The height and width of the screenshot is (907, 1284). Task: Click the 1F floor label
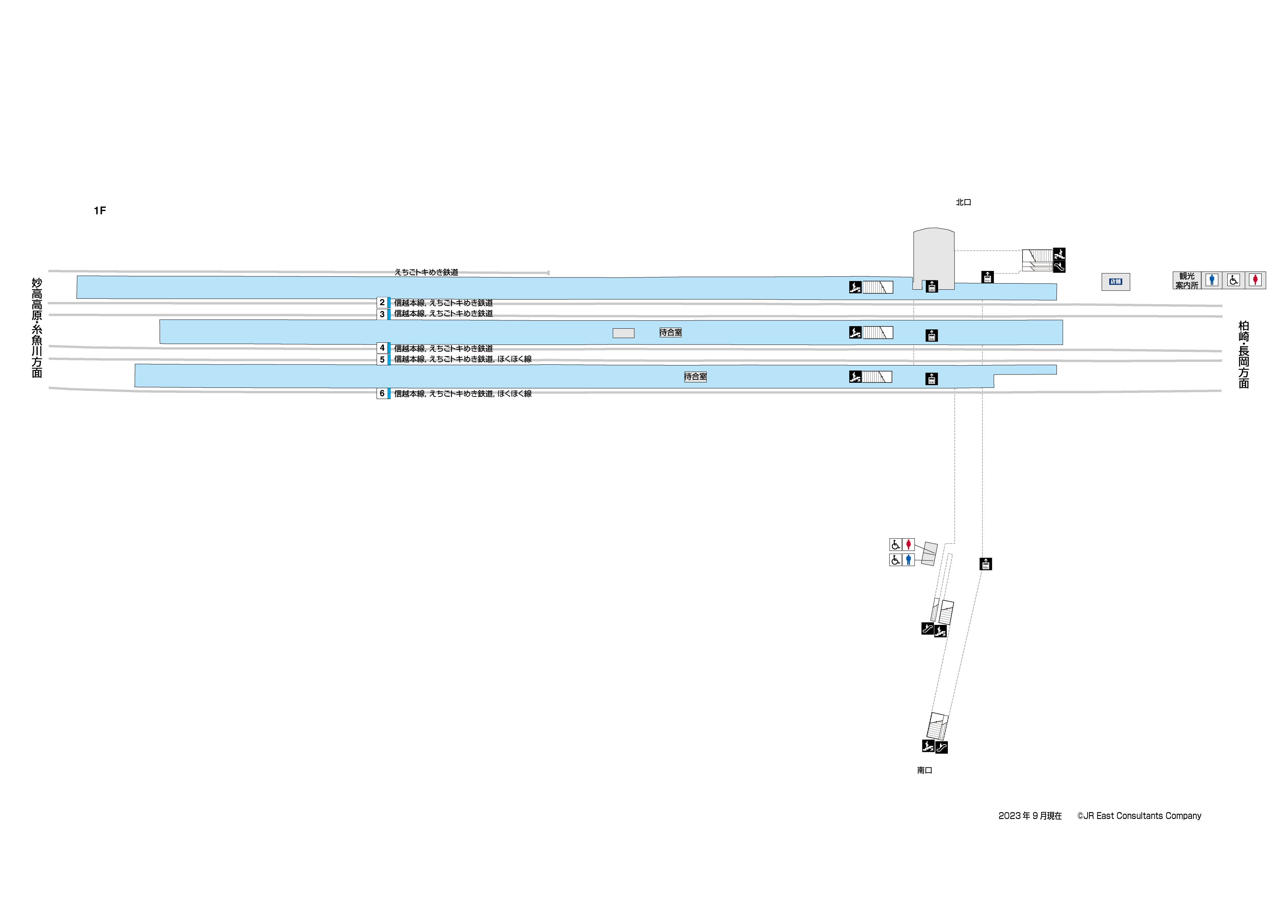pos(100,211)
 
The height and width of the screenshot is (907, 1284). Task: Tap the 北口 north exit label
pos(963,202)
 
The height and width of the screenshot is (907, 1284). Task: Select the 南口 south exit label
pos(924,770)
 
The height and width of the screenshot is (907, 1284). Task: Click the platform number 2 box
pos(382,302)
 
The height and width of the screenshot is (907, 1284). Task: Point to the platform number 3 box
pos(382,314)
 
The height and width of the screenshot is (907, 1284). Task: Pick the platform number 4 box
pos(382,347)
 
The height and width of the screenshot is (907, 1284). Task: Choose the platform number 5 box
pos(382,359)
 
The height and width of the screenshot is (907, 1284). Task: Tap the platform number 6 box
pos(382,393)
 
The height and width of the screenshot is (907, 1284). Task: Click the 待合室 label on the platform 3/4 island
pos(670,333)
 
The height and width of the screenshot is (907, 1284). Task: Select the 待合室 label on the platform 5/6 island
pos(695,377)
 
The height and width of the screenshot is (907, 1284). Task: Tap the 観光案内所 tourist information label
pos(1186,281)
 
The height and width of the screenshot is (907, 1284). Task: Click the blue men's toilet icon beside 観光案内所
pos(1211,279)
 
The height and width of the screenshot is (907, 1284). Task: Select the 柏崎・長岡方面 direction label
pos(1243,354)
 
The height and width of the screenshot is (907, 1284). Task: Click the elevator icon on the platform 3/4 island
pos(931,335)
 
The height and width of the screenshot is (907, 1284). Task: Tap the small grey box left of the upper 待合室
pos(623,333)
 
